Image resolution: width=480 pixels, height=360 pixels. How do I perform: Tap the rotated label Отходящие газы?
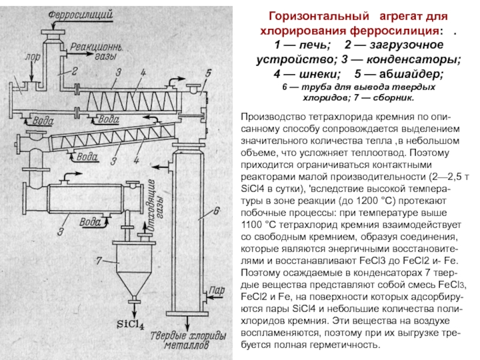(x=152, y=199)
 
